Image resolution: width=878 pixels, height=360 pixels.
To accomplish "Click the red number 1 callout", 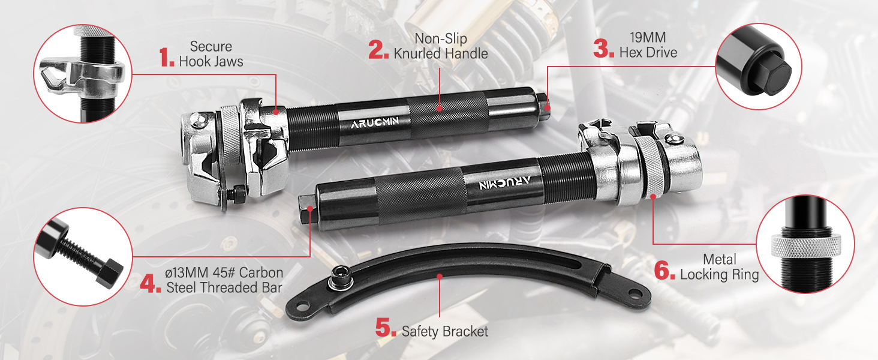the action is (x=167, y=57).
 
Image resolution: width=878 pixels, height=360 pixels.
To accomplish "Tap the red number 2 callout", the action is (x=378, y=49).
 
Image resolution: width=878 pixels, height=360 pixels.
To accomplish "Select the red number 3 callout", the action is (x=603, y=48).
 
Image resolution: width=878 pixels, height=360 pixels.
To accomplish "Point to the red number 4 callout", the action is (x=151, y=283).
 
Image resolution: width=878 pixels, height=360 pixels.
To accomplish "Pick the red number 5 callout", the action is (x=386, y=327).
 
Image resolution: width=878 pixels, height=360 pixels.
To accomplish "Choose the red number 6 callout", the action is (x=664, y=270).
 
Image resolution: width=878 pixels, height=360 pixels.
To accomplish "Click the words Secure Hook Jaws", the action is (x=211, y=54).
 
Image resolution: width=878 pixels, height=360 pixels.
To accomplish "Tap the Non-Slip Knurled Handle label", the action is (x=441, y=46).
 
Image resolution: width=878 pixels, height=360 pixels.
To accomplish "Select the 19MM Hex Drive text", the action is (x=648, y=45).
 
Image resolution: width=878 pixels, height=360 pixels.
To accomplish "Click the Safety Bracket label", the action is (x=445, y=331).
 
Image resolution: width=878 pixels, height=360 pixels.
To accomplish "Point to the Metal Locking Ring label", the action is (x=720, y=266).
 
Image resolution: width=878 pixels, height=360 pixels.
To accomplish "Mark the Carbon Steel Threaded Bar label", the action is (x=224, y=280).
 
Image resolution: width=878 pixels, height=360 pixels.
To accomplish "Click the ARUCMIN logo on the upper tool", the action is (x=375, y=122).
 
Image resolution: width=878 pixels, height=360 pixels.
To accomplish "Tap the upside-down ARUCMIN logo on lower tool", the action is (x=505, y=183).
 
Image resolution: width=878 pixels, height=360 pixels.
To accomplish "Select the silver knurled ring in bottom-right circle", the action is (x=806, y=246).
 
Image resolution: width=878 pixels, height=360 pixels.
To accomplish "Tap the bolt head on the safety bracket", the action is (x=340, y=278).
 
